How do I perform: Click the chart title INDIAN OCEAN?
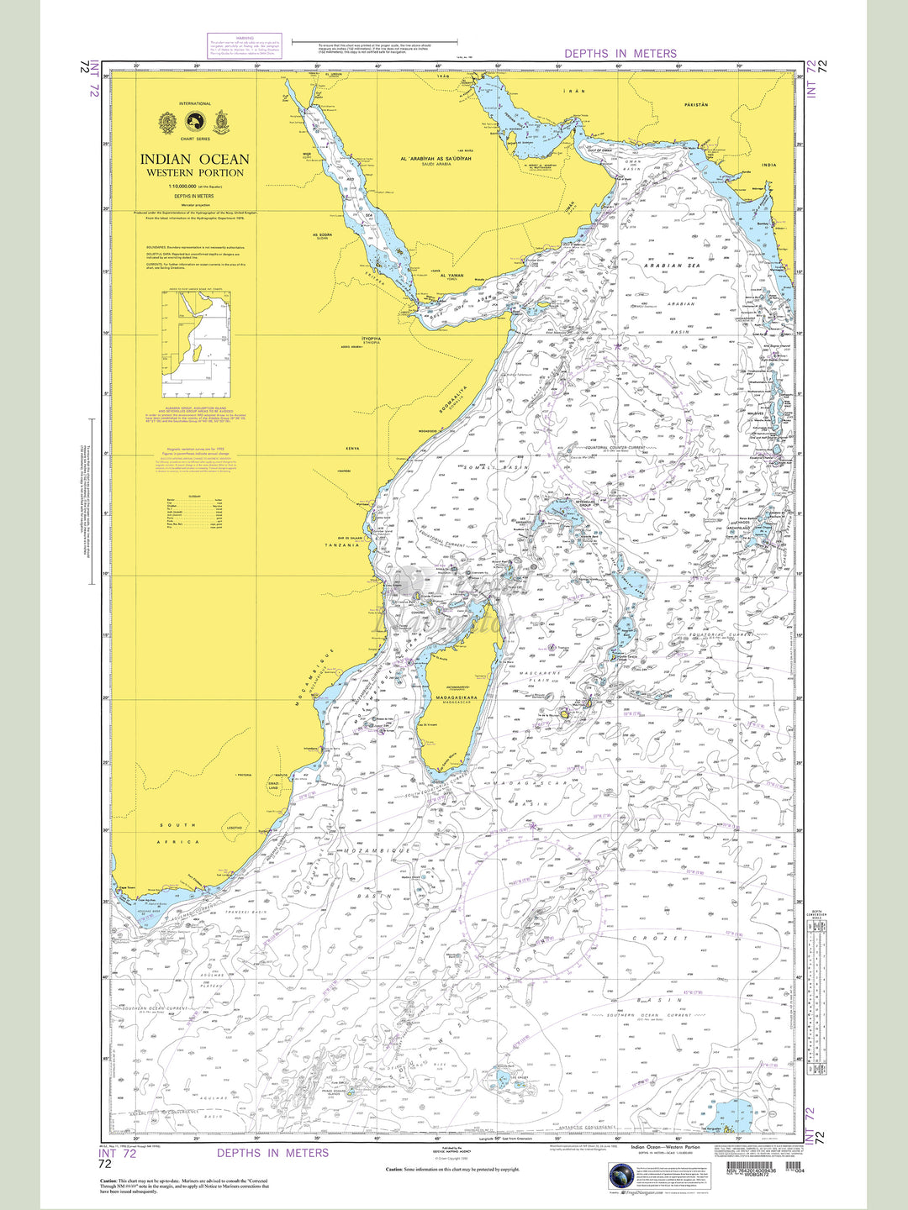tap(194, 159)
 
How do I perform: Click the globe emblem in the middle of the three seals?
tap(194, 123)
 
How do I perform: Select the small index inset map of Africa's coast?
tap(198, 344)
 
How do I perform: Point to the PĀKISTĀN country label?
tap(697, 105)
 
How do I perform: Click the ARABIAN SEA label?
tap(672, 266)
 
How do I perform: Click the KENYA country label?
tap(352, 449)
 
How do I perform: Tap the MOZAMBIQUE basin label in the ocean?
tap(377, 851)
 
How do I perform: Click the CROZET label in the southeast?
tap(666, 937)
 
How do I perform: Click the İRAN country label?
tap(575, 90)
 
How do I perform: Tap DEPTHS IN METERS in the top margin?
tap(620, 54)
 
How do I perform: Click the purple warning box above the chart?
tap(245, 45)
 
